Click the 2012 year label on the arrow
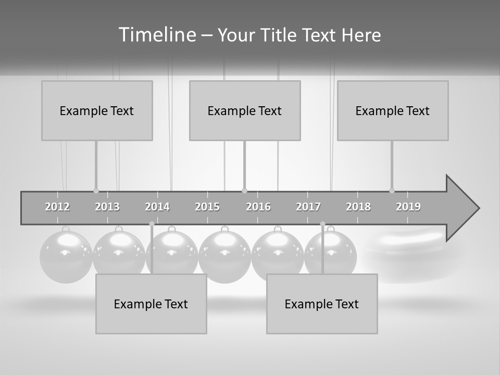click(x=57, y=207)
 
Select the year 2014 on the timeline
click(x=157, y=207)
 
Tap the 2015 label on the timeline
click(x=207, y=207)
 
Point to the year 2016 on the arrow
click(x=258, y=207)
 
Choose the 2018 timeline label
click(x=358, y=207)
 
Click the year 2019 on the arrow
click(x=408, y=207)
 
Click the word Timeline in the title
click(x=156, y=35)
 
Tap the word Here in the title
click(x=361, y=35)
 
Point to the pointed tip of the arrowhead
click(x=478, y=208)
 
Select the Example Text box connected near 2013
click(x=97, y=110)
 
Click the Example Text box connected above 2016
click(x=245, y=110)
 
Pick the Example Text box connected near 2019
click(x=393, y=110)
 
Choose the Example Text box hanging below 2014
click(x=151, y=304)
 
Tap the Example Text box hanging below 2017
click(x=322, y=304)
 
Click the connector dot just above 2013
click(x=96, y=191)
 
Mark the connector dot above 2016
click(x=244, y=191)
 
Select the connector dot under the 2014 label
click(x=152, y=224)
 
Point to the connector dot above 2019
click(x=392, y=191)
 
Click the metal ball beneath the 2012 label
click(x=66, y=257)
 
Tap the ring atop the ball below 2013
click(x=119, y=229)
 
